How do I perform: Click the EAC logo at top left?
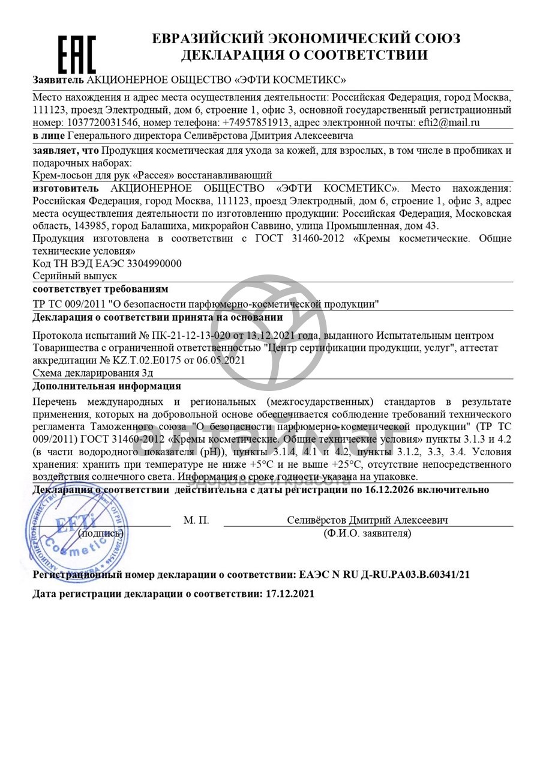click(x=77, y=54)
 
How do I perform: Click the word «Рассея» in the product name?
click(x=149, y=175)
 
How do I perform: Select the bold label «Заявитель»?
click(x=58, y=79)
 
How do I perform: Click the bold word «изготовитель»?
click(x=64, y=189)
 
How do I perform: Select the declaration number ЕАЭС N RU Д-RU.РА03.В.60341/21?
click(x=384, y=575)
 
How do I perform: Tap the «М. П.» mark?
click(x=196, y=520)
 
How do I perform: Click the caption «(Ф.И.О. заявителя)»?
click(x=367, y=533)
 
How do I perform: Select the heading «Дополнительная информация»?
click(x=107, y=386)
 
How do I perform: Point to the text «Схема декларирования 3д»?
click(x=93, y=373)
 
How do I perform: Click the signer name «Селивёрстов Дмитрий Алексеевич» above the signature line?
click(x=367, y=520)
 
